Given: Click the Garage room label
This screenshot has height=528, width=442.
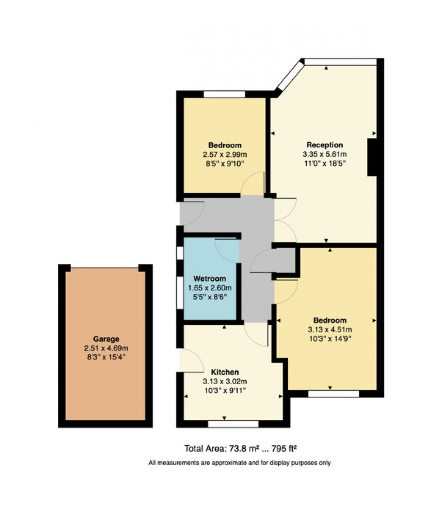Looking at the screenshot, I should tap(106, 339).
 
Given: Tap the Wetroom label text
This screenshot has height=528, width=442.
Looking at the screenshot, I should tap(209, 278).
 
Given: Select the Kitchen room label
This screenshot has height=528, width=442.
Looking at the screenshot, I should tap(225, 372).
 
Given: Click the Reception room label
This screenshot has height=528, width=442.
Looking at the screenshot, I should tap(324, 145).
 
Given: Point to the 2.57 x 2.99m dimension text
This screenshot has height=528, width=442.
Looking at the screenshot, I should tap(224, 154).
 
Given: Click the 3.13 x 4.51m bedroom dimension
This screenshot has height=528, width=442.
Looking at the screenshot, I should tap(330, 329).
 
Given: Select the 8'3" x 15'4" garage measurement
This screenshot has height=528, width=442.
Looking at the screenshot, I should tap(106, 356).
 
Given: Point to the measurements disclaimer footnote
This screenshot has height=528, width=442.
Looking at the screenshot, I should tap(239, 463).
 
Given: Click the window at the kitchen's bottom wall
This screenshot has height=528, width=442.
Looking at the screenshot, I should tap(233, 424).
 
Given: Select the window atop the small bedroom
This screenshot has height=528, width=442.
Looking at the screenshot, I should tap(224, 94).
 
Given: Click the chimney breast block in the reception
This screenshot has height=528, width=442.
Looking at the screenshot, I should tap(372, 157).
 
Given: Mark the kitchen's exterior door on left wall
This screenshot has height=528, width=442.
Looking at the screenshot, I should tap(189, 360).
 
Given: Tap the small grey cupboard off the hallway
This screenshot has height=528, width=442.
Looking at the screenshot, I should tap(284, 260).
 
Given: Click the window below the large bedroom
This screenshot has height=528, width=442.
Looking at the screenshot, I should tap(333, 394).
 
